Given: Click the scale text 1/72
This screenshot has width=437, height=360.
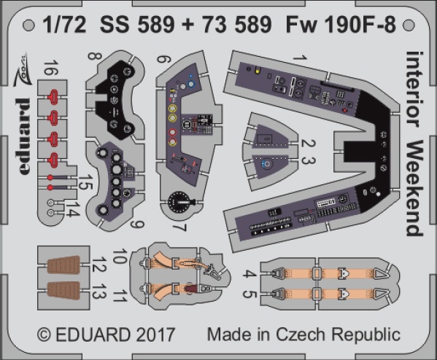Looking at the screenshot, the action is coord(65,25).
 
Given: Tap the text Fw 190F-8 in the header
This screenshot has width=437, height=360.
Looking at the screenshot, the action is coord(341,25).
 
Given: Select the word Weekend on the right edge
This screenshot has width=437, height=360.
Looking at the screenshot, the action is coord(415,188).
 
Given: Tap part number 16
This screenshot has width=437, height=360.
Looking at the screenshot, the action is coord(51,68).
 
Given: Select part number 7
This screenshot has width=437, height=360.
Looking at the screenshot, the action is coord(179,227).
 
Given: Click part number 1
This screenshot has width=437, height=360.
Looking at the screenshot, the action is coord(301,58).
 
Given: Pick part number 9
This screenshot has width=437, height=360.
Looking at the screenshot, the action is coord(137,224).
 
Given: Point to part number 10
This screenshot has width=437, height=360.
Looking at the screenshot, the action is coord(120,257).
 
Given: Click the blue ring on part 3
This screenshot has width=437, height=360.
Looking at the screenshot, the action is coord(267,164).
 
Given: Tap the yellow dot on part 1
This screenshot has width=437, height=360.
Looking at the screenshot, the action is coord(258,70).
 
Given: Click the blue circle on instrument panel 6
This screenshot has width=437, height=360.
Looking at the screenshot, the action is coord(191,84).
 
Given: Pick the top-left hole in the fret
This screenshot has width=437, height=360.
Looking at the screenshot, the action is coord(28,26).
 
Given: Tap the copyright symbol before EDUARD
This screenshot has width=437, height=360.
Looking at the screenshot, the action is coord(45,334).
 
